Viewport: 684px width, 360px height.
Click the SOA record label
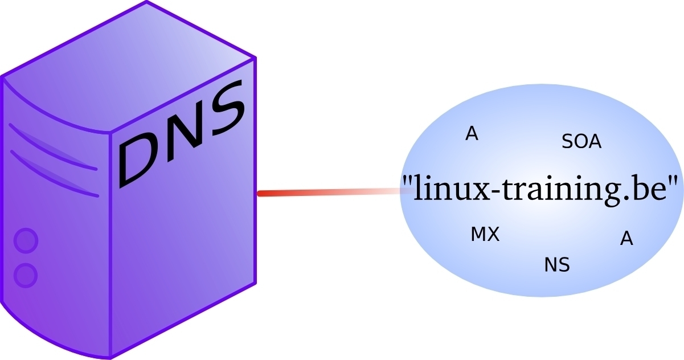pyautogui.click(x=581, y=141)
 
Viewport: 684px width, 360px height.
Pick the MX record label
pyautogui.click(x=485, y=234)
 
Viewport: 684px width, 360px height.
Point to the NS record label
pyautogui.click(x=557, y=264)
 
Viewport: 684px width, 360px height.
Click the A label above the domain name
pyautogui.click(x=472, y=133)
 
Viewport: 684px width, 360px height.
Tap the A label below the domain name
pyautogui.click(x=626, y=239)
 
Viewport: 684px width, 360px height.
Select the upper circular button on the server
pyautogui.click(x=26, y=240)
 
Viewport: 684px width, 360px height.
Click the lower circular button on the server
pyautogui.click(x=26, y=276)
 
